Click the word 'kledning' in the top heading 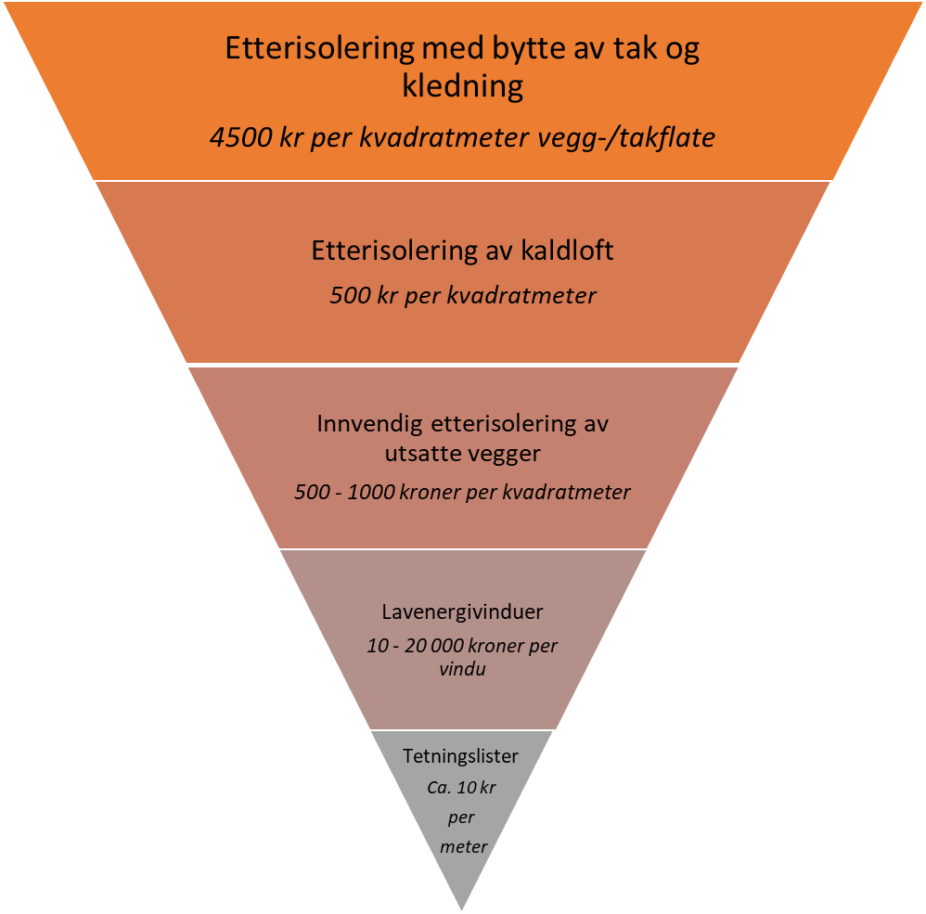pos(462,86)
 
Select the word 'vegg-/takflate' pos(644,138)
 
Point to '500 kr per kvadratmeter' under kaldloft pos(462,296)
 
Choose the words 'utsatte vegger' pos(462,455)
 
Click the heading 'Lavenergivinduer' pos(462,612)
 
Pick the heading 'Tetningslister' pos(460,756)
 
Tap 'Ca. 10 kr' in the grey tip pos(462,788)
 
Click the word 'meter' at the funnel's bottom pos(463,846)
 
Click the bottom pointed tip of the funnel pos(461,907)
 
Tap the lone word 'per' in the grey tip pos(461,817)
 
